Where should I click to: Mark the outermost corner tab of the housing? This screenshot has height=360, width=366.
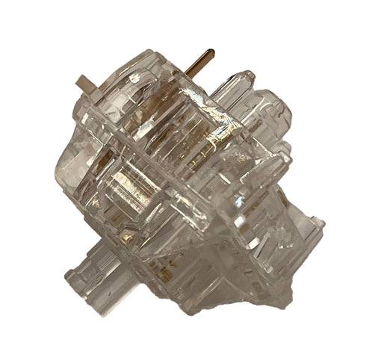317,224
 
